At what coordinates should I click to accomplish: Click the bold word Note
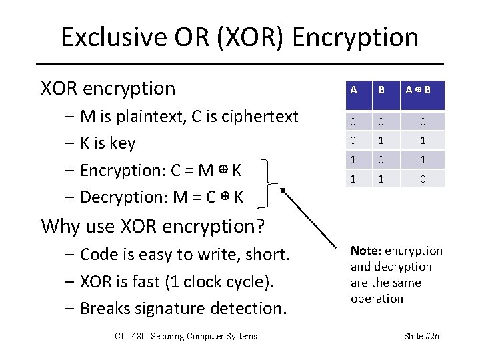(364, 251)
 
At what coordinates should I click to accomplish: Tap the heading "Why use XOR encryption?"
(153, 226)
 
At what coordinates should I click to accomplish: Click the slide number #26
(431, 336)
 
